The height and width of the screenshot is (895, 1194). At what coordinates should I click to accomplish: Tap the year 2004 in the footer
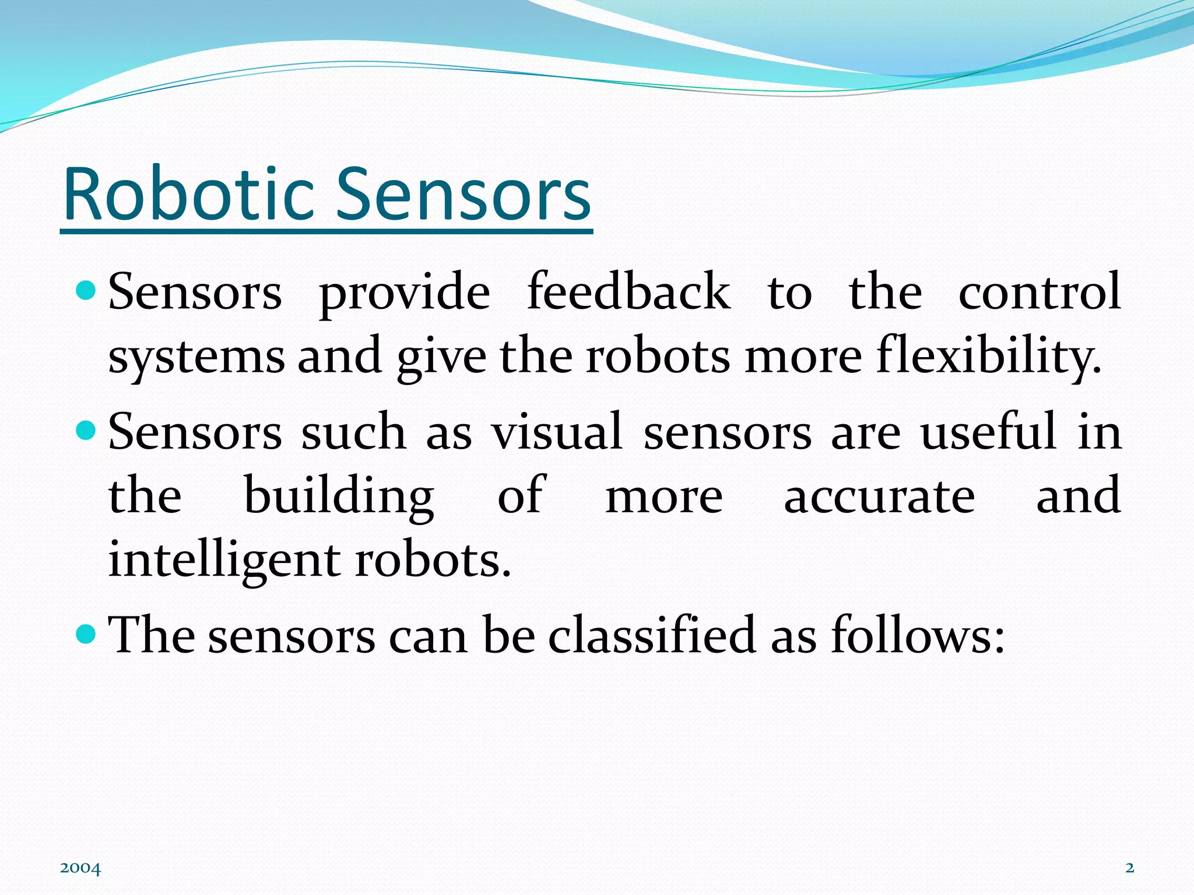(80, 869)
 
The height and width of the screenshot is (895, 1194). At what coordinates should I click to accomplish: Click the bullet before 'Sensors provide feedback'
(86, 290)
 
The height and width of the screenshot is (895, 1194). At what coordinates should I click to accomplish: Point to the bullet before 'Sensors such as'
(86, 431)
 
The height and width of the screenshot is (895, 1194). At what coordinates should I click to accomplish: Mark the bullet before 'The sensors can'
(86, 633)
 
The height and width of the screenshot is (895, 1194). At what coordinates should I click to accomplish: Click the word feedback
(628, 291)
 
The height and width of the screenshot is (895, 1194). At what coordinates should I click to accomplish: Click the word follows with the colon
(918, 635)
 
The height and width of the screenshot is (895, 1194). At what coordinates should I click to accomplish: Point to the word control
(1040, 291)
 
